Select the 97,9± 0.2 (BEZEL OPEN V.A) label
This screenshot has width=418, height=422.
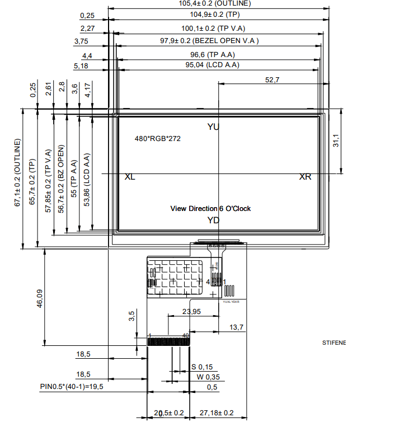coord(209,41)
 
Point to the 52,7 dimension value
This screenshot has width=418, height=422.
coord(272,80)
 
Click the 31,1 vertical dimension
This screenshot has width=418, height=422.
coord(336,140)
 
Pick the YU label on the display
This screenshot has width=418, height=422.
coord(213,127)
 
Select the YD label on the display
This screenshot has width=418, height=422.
coord(213,220)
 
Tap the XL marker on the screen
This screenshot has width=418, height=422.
coord(130,177)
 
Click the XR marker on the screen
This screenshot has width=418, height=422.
coord(305,177)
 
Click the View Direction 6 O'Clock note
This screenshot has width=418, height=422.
coord(210,209)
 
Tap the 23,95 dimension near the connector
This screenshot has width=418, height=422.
coord(191,312)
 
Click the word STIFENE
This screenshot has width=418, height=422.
coord(334,343)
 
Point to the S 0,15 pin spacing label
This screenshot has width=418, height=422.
coord(202,367)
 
